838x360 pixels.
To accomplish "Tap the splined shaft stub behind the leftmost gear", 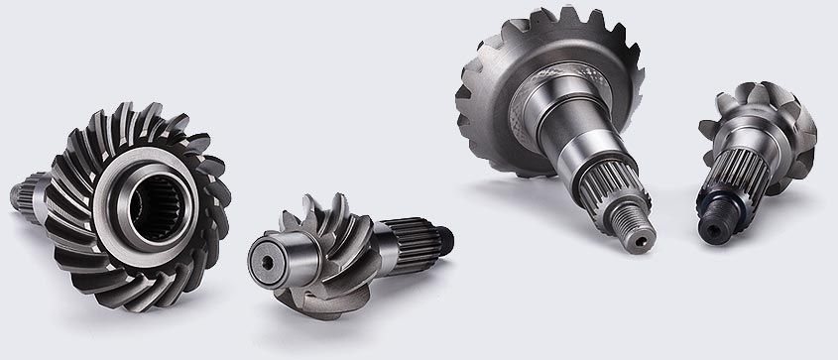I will pyautogui.click(x=29, y=192).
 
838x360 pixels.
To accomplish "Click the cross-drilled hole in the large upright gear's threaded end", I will pyautogui.click(x=637, y=236).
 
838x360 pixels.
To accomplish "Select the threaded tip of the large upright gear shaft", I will pyautogui.click(x=635, y=226).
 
